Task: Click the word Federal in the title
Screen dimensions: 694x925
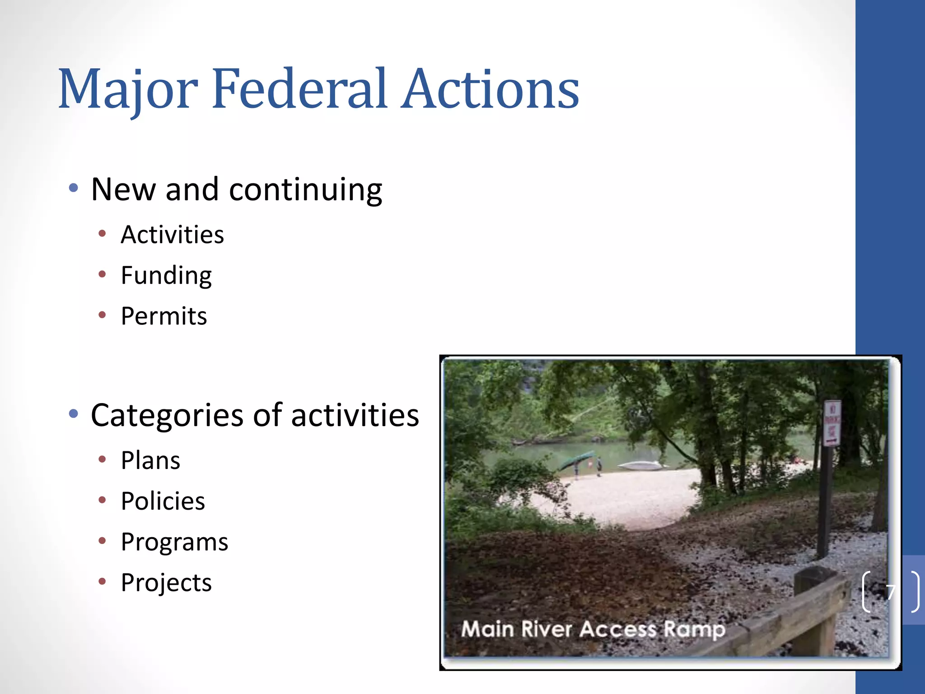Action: pyautogui.click(x=299, y=89)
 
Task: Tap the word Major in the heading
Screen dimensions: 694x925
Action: pyautogui.click(x=128, y=89)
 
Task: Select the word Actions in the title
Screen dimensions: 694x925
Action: pyautogui.click(x=490, y=89)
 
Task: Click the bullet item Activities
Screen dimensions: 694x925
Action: pyautogui.click(x=172, y=235)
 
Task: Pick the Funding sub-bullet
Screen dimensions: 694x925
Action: pyautogui.click(x=166, y=276)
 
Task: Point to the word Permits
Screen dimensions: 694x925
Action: pyautogui.click(x=164, y=316)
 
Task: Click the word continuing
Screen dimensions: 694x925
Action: pyautogui.click(x=305, y=190)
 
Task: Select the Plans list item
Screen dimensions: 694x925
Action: pyautogui.click(x=150, y=461)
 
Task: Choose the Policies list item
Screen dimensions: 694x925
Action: pyautogui.click(x=163, y=502)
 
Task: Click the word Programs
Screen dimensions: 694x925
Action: pyautogui.click(x=174, y=542)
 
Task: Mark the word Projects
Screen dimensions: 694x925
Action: pyautogui.click(x=166, y=583)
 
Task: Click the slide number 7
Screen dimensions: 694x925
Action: pyautogui.click(x=890, y=592)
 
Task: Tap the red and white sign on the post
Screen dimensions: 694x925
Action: pyautogui.click(x=832, y=423)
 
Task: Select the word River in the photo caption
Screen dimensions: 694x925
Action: pyautogui.click(x=547, y=629)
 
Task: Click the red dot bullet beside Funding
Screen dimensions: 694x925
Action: pyautogui.click(x=103, y=274)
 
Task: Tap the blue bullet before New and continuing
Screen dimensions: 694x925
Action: pyautogui.click(x=74, y=188)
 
